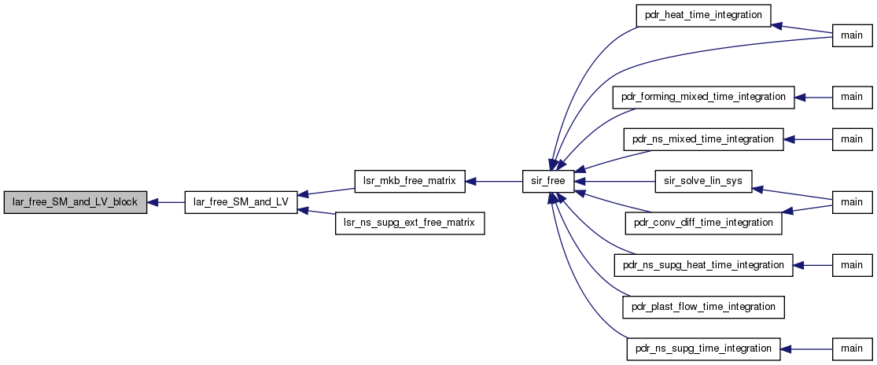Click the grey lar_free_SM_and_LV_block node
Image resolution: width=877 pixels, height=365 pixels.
75,202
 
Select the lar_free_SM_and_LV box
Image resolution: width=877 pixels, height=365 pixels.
241,202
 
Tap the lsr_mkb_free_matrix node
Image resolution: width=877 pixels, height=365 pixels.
410,182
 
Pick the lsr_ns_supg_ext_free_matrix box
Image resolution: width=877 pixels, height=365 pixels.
410,223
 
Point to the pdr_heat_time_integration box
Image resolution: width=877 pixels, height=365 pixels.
703,15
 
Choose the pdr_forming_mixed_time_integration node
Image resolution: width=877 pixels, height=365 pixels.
703,98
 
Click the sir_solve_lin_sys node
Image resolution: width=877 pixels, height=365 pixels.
703,182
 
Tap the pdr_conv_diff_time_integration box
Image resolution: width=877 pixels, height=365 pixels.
703,223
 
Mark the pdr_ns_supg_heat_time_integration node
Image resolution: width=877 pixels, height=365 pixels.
703,264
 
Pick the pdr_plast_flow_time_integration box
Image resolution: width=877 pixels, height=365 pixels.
703,307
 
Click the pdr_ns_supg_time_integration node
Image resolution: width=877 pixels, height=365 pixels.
703,348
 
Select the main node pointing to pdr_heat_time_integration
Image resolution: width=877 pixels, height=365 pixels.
853,35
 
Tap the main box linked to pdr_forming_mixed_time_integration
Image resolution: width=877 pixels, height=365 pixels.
853,98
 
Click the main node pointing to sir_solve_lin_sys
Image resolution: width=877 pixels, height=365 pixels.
853,202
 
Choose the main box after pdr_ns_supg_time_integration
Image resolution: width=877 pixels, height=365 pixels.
853,348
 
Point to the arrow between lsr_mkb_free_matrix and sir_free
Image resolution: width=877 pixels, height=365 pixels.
494,182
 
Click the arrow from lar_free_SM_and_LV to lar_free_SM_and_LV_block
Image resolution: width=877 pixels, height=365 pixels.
165,202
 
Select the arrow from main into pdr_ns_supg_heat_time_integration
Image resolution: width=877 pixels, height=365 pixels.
813,264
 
